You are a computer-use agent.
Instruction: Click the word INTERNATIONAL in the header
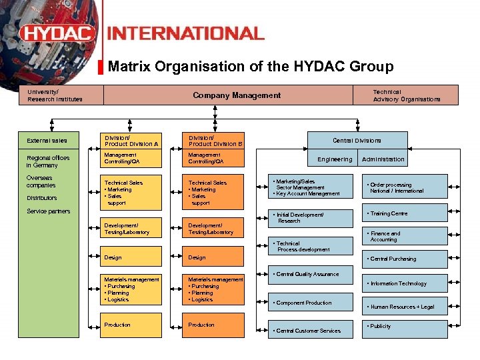point(185,33)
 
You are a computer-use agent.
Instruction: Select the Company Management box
point(237,95)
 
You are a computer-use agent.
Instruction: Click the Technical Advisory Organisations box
point(406,95)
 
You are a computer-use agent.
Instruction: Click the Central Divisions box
point(357,140)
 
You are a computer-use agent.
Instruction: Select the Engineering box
point(335,159)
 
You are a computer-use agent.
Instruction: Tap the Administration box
point(383,159)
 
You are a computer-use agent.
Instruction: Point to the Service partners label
point(48,211)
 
